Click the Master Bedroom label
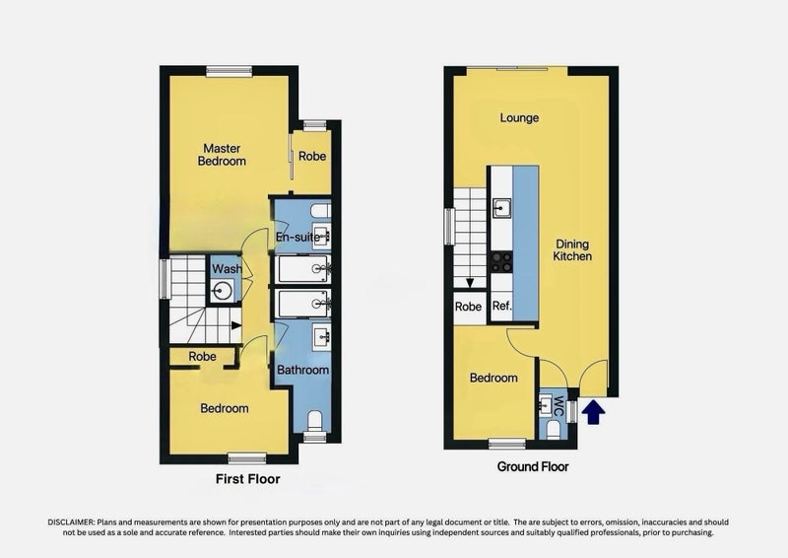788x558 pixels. click(222, 155)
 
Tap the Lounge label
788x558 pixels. click(519, 117)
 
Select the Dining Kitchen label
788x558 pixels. click(572, 250)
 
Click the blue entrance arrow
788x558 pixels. click(594, 412)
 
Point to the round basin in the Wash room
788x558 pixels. click(222, 290)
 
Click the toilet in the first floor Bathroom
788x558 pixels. click(315, 421)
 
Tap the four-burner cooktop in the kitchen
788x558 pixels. click(501, 261)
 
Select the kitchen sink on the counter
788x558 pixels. click(501, 208)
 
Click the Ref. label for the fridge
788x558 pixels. click(502, 306)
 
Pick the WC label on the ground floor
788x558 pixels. click(558, 405)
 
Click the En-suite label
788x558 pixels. click(297, 237)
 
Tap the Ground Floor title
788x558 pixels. click(533, 467)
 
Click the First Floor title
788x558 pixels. click(248, 479)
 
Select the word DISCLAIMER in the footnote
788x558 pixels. click(71, 523)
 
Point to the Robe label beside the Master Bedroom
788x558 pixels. click(312, 157)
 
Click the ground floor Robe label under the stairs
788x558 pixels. click(468, 307)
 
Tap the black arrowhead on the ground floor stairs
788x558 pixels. click(470, 283)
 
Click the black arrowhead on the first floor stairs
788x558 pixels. click(235, 325)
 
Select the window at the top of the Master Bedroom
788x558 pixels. click(229, 71)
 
